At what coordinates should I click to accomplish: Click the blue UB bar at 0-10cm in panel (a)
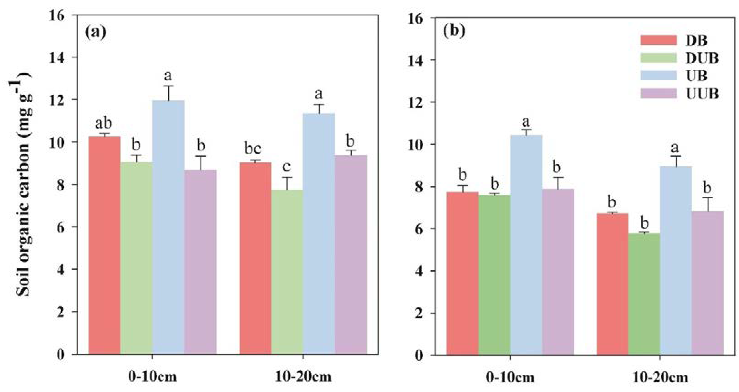pos(168,227)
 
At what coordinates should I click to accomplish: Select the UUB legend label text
pos(702,94)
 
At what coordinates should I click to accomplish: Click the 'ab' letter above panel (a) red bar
pos(104,124)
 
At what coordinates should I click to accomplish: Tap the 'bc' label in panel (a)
pos(252,149)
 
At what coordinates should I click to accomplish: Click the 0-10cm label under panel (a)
pos(152,377)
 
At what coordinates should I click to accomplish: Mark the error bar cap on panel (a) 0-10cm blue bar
pos(168,86)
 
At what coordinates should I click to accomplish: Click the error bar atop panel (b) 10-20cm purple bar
pos(707,204)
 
